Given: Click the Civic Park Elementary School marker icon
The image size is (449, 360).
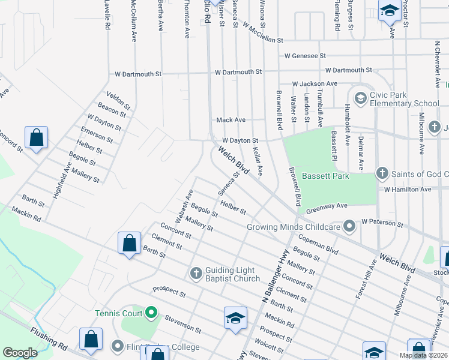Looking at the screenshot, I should pyautogui.click(x=361, y=97).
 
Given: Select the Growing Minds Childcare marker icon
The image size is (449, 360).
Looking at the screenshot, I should pyautogui.click(x=349, y=226).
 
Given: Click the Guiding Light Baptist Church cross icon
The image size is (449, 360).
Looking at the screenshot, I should pyautogui.click(x=196, y=274).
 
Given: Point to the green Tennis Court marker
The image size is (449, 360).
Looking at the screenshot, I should pyautogui.click(x=151, y=313).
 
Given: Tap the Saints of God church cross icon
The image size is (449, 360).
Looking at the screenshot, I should pyautogui.click(x=381, y=174).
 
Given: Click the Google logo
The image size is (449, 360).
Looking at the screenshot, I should pyautogui.click(x=20, y=353).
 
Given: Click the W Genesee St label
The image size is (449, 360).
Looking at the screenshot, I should pyautogui.click(x=305, y=56).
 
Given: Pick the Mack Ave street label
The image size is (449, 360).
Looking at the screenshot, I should pyautogui.click(x=231, y=120).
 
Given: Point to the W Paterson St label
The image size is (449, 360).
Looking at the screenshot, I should pyautogui.click(x=382, y=223).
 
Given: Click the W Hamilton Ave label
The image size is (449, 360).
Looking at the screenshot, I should pyautogui.click(x=408, y=189).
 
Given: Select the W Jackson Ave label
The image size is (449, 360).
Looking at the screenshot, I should pyautogui.click(x=315, y=83).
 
